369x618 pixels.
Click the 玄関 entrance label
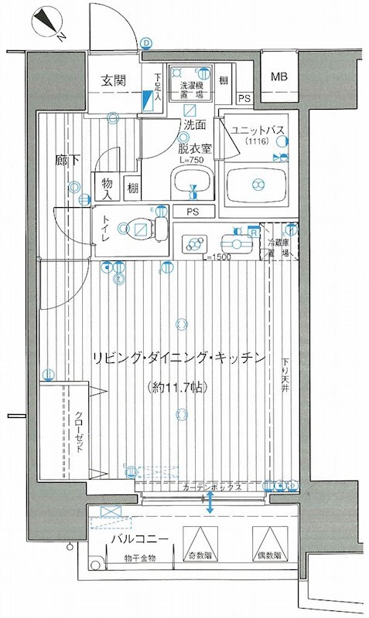point(114,80)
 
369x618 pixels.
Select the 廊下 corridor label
point(67,161)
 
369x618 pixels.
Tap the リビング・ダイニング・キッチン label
point(179,358)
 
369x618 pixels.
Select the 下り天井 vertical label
point(286,374)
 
